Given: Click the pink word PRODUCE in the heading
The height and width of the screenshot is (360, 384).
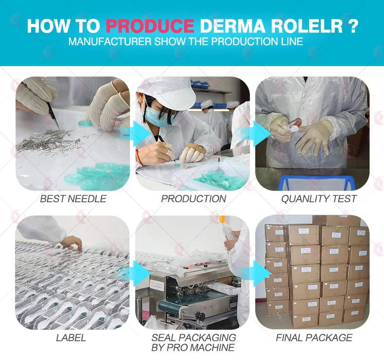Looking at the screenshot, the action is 150,26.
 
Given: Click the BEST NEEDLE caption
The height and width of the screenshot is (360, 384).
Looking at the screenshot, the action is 73,199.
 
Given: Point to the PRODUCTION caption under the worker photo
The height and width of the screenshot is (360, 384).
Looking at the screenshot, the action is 193,199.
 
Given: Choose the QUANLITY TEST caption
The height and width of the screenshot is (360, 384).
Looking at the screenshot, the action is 318,199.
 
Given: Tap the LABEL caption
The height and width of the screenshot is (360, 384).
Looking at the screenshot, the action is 71,338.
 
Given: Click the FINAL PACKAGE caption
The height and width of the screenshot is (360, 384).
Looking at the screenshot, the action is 314,338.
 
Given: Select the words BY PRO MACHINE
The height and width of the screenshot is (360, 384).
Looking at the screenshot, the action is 193,347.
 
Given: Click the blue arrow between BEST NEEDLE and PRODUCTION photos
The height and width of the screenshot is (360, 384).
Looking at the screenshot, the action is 141,134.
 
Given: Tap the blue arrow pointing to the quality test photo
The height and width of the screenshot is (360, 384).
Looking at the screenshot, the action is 262,134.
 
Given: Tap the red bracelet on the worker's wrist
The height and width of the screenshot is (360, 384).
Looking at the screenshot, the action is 139,156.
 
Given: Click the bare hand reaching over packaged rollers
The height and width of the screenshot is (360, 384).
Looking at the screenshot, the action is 73,242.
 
